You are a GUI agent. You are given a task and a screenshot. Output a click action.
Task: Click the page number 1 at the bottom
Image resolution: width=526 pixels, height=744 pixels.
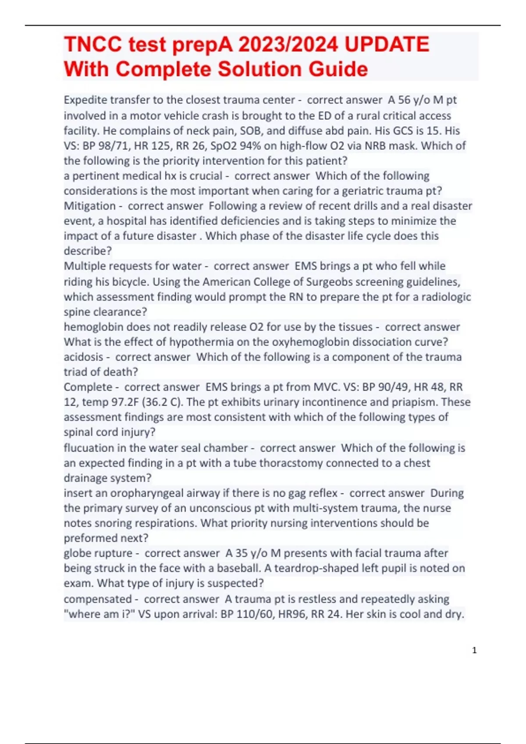[x=474, y=650]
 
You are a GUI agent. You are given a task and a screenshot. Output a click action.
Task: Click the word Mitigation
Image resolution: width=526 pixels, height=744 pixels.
[x=90, y=206]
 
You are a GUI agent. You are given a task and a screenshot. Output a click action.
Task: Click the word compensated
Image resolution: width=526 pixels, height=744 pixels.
[x=98, y=599]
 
